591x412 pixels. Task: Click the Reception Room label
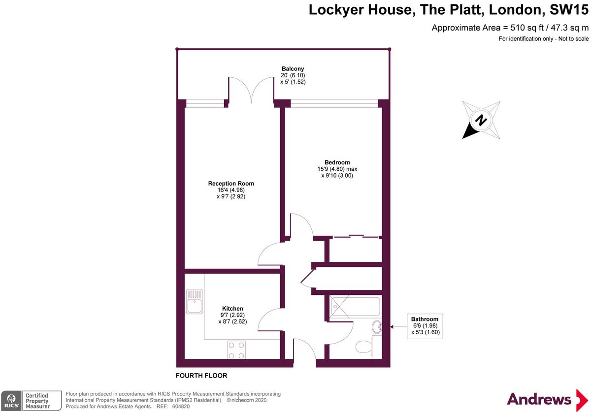pos(231,183)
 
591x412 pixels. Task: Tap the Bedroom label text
pos(337,162)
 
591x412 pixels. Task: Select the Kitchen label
pos(232,308)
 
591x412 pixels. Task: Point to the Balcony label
pos(293,68)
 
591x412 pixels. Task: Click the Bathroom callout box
pos(425,326)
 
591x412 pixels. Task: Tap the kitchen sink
pos(195,301)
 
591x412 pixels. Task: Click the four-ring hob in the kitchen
pos(236,350)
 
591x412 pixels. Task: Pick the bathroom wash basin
pos(377,327)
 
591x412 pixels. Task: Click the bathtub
pos(356,307)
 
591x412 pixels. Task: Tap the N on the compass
pos(481,120)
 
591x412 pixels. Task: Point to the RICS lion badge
pos(11,401)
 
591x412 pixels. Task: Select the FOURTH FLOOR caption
pos(201,376)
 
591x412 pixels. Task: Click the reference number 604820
pos(181,407)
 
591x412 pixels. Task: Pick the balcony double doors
pos(251,90)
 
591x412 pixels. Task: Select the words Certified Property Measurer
pos(37,401)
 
